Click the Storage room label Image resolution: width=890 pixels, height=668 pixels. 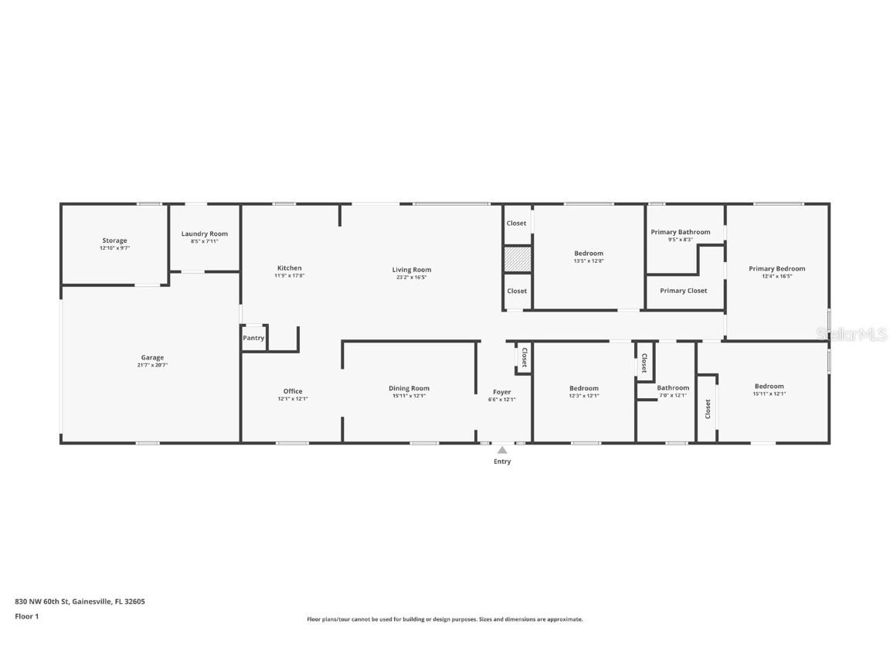point(114,240)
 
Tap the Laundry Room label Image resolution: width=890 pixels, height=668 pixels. point(205,233)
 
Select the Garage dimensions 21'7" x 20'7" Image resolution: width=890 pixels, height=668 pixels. point(152,365)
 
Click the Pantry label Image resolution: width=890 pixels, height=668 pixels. point(253,338)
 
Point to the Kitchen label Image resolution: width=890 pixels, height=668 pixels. point(290,268)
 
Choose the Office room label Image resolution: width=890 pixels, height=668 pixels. point(293,391)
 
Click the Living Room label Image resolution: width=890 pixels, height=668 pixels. point(412,270)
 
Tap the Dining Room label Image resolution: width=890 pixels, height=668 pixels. point(409,388)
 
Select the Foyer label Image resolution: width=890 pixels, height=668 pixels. point(501,392)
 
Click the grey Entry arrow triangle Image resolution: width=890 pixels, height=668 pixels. point(502,450)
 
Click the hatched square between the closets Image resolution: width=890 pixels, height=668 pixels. point(517,259)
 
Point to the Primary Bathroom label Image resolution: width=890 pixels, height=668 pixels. point(680,232)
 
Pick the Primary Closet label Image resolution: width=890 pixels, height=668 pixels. point(684,291)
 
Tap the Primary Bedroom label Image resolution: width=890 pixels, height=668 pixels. point(776,269)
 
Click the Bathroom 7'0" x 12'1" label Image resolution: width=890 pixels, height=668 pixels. point(673,388)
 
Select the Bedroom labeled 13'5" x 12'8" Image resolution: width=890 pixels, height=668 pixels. point(589,254)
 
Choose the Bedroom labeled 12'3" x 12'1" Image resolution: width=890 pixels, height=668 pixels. point(584,388)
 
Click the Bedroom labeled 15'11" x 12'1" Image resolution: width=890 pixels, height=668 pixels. point(769,387)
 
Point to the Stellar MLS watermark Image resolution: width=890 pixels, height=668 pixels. point(852,334)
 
